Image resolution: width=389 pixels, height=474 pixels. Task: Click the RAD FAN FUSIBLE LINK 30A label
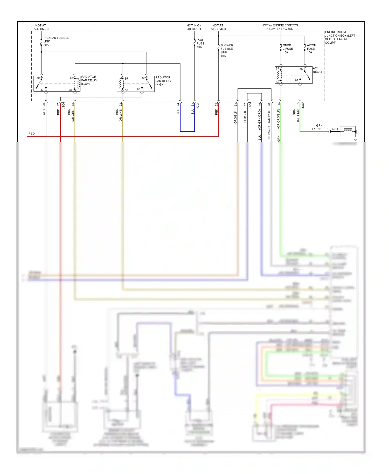pyautogui.click(x=56, y=41)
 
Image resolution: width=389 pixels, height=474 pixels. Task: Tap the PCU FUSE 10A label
pyautogui.click(x=200, y=43)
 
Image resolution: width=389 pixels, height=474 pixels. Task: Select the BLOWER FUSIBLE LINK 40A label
pyautogui.click(x=227, y=50)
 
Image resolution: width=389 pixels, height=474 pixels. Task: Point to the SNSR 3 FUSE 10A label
pyautogui.click(x=288, y=48)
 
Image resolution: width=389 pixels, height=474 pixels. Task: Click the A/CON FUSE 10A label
pyautogui.click(x=311, y=48)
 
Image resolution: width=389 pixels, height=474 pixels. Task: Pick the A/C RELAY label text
pyautogui.click(x=317, y=70)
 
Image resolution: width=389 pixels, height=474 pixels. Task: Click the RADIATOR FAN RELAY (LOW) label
pyautogui.click(x=89, y=80)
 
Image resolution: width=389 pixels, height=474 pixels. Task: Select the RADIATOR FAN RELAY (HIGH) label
pyautogui.click(x=163, y=81)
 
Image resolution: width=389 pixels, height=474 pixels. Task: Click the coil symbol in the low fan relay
pyautogui.click(x=77, y=84)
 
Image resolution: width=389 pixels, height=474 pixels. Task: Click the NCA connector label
pyautogui.click(x=335, y=129)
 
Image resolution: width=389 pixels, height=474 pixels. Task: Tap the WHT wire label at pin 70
pyautogui.click(x=44, y=112)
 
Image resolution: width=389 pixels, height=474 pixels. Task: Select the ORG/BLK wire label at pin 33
pyautogui.click(x=235, y=117)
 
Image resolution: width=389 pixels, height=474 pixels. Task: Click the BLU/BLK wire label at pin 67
pyautogui.click(x=245, y=117)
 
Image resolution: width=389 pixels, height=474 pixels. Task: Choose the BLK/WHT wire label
pyautogui.click(x=269, y=132)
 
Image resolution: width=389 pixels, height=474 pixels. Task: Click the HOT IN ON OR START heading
pyautogui.click(x=194, y=27)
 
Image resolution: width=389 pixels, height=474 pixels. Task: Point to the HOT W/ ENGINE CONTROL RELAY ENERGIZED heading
pyautogui.click(x=280, y=27)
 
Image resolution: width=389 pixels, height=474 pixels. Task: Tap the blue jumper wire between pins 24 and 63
pyautogui.click(x=187, y=131)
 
